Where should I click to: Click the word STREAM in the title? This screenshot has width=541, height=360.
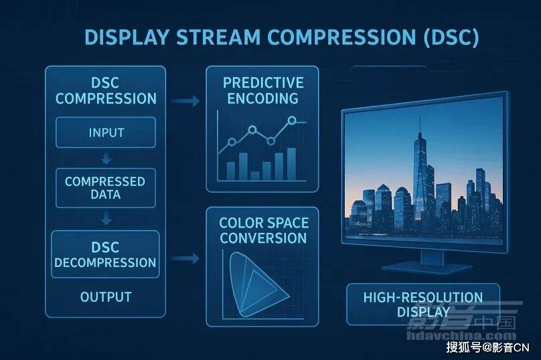pyautogui.click(x=218, y=37)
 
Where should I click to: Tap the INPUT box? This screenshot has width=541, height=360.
pyautogui.click(x=106, y=132)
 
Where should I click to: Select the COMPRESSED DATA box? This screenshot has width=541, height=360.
pyautogui.click(x=106, y=188)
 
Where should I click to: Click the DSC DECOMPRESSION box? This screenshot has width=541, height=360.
pyautogui.click(x=106, y=254)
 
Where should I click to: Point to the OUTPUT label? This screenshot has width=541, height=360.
pyautogui.click(x=106, y=297)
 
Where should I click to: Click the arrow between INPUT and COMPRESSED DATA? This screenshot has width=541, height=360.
pyautogui.click(x=106, y=159)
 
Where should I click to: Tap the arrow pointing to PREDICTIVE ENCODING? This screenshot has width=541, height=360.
pyautogui.click(x=185, y=101)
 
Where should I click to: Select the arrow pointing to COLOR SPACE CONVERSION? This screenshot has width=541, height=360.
pyautogui.click(x=185, y=258)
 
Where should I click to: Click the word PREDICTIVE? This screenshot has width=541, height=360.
pyautogui.click(x=263, y=83)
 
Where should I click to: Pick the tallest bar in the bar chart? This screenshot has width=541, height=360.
pyautogui.click(x=291, y=164)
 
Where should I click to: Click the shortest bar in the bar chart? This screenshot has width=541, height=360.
pyautogui.click(x=254, y=176)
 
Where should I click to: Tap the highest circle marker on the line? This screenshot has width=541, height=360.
pyautogui.click(x=292, y=120)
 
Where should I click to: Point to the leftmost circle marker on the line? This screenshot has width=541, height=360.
pyautogui.click(x=232, y=142)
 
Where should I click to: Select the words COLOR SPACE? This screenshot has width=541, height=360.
pyautogui.click(x=264, y=223)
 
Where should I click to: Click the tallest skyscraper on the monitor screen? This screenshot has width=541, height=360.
pyautogui.click(x=420, y=173)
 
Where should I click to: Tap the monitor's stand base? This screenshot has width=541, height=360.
pyautogui.click(x=427, y=269)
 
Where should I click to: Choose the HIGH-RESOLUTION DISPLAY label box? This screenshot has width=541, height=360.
pyautogui.click(x=423, y=304)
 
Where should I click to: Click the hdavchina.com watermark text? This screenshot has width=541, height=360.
pyautogui.click(x=461, y=335)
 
